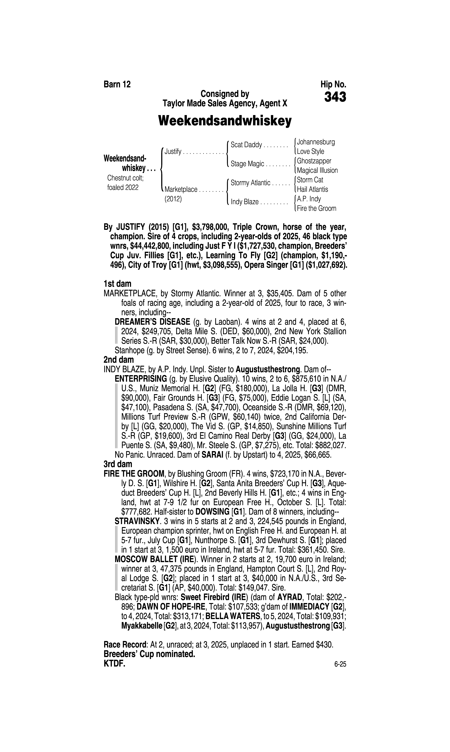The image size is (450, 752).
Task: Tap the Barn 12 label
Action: click(x=117, y=85)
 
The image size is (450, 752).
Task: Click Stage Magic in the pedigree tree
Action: click(x=247, y=164)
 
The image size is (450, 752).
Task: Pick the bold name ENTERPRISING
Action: click(x=141, y=379)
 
